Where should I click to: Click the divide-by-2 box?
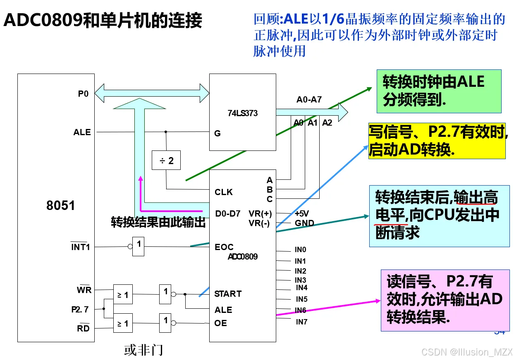(x=166, y=160)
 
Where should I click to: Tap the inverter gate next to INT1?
(x=138, y=247)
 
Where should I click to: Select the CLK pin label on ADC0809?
(x=224, y=192)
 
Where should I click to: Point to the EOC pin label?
(x=224, y=247)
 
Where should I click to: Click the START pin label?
(x=228, y=294)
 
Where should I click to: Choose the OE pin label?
(x=221, y=323)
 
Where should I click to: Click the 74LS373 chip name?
(x=242, y=113)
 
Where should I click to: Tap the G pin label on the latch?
(x=218, y=134)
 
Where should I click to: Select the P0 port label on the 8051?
(x=84, y=94)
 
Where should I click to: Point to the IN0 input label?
(x=300, y=250)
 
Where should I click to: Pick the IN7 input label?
(x=301, y=322)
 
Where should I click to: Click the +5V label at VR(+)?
(x=301, y=214)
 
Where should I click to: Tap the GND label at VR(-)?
(x=304, y=223)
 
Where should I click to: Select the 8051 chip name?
(x=60, y=205)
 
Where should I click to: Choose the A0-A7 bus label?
(x=309, y=100)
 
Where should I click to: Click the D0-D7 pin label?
(x=227, y=214)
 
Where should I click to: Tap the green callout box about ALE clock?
(x=439, y=91)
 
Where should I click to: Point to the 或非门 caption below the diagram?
(x=143, y=350)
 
